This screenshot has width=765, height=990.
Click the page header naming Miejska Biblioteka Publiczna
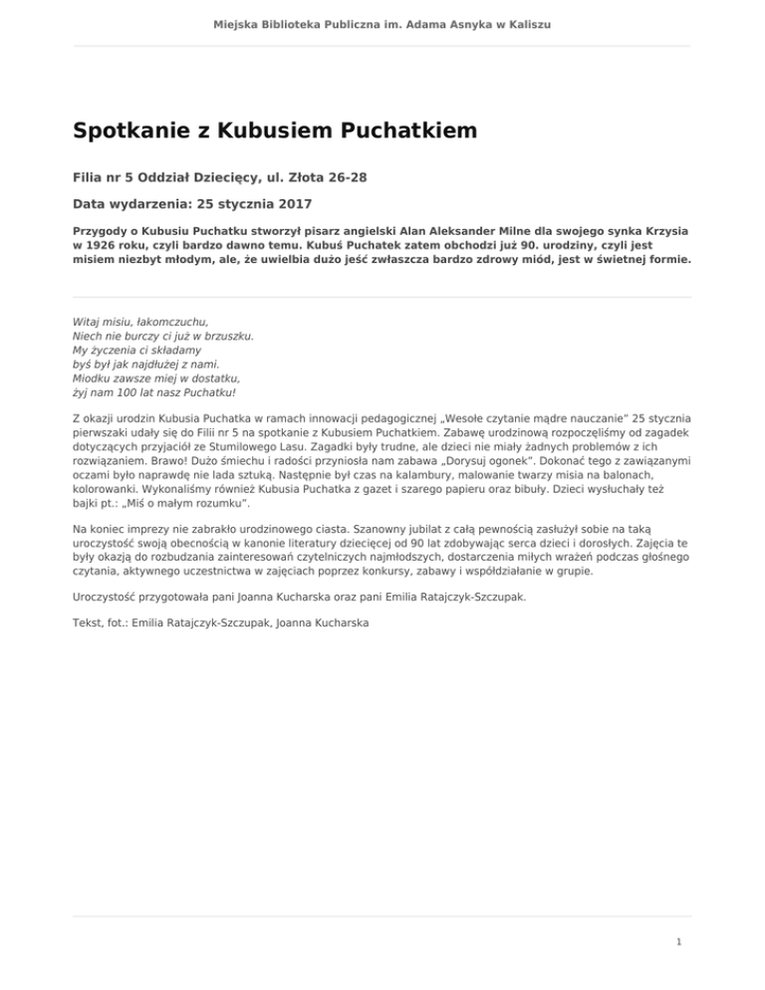382,23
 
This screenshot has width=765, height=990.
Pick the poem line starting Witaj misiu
140,323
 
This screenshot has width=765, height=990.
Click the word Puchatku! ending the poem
209,392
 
